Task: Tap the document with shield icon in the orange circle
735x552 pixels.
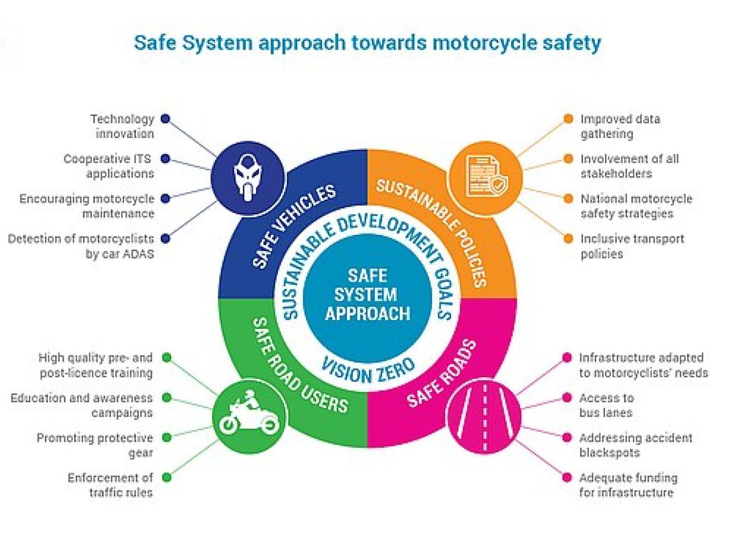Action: pos(486,177)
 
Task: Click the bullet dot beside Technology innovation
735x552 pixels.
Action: pos(165,119)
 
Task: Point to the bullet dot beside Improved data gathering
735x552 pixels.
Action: pos(568,119)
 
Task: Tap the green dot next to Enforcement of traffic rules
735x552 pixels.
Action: pos(167,477)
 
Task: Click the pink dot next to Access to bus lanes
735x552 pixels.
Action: pos(567,397)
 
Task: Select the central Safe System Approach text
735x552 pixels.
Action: pos(367,294)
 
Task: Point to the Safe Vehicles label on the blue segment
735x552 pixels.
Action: pos(294,226)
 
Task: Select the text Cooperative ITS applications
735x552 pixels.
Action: pos(108,166)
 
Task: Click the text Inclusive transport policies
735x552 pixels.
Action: pos(632,246)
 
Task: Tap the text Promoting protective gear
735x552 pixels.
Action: pos(95,445)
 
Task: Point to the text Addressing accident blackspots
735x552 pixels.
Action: pos(635,445)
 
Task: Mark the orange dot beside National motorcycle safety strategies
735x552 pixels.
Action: pos(568,199)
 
